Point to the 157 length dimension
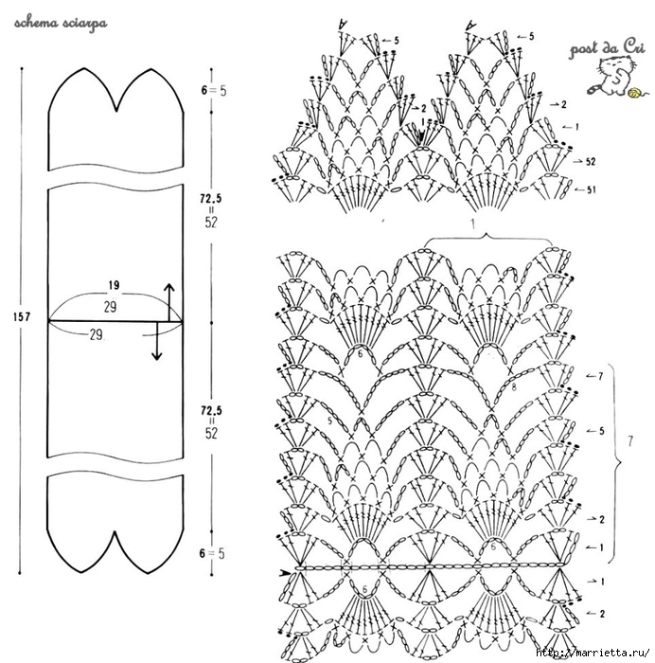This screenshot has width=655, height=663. tap(22, 316)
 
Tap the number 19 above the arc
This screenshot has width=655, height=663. tap(114, 285)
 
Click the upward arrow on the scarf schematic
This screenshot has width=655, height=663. tap(169, 302)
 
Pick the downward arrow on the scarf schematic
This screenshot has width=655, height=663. tap(157, 341)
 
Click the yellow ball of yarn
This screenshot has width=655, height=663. tap(634, 93)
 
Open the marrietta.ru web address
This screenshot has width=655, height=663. tap(593, 654)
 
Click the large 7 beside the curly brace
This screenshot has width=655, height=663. tap(630, 441)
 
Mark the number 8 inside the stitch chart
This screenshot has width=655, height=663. tap(514, 386)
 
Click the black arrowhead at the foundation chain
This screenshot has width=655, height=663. tap(286, 573)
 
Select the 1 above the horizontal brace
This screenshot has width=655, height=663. tap(473, 224)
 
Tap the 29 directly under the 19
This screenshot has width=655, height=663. tap(111, 307)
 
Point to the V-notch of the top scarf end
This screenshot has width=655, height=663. tap(117, 111)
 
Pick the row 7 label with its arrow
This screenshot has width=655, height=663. tap(594, 376)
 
